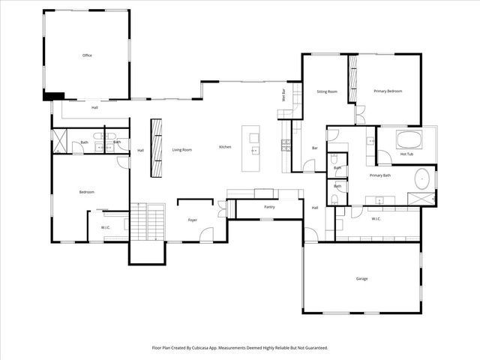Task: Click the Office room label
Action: pyautogui.click(x=87, y=55)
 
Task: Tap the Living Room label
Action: pyautogui.click(x=182, y=150)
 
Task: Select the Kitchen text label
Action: pyautogui.click(x=225, y=147)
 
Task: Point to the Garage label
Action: pyautogui.click(x=361, y=279)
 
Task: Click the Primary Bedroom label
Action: pyautogui.click(x=388, y=91)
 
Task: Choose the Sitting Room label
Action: pyautogui.click(x=327, y=91)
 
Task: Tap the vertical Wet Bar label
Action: pyautogui.click(x=284, y=95)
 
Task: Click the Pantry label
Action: pyautogui.click(x=270, y=207)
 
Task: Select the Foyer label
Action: pyautogui.click(x=192, y=220)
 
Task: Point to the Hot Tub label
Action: pyautogui.click(x=407, y=154)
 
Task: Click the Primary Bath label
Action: pyautogui.click(x=380, y=175)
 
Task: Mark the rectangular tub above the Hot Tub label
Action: pyautogui.click(x=409, y=139)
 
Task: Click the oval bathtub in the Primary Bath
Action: pyautogui.click(x=423, y=179)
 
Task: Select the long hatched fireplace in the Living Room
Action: pyautogui.click(x=156, y=147)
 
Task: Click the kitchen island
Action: pyautogui.click(x=254, y=148)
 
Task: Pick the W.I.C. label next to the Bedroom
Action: pyautogui.click(x=106, y=227)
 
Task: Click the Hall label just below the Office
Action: pyautogui.click(x=94, y=108)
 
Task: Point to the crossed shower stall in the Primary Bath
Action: pyautogui.click(x=421, y=198)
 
